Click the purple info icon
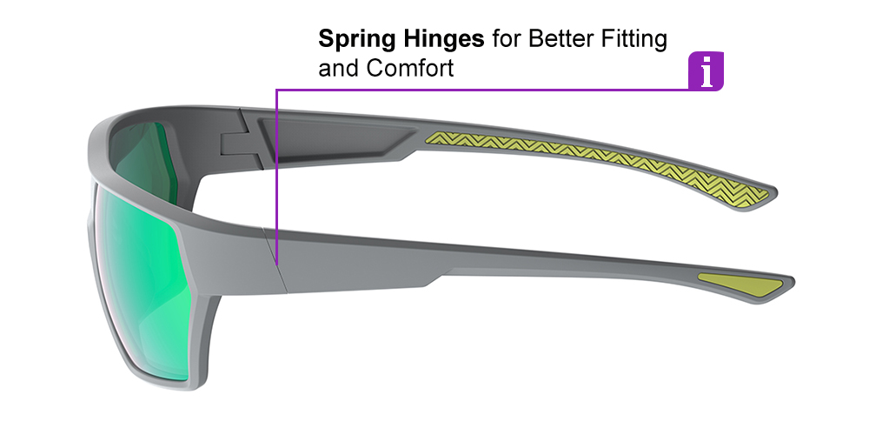point(706,71)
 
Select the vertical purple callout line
point(275,174)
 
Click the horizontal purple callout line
point(478,89)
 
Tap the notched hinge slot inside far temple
point(240,144)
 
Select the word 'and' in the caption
point(338,68)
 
